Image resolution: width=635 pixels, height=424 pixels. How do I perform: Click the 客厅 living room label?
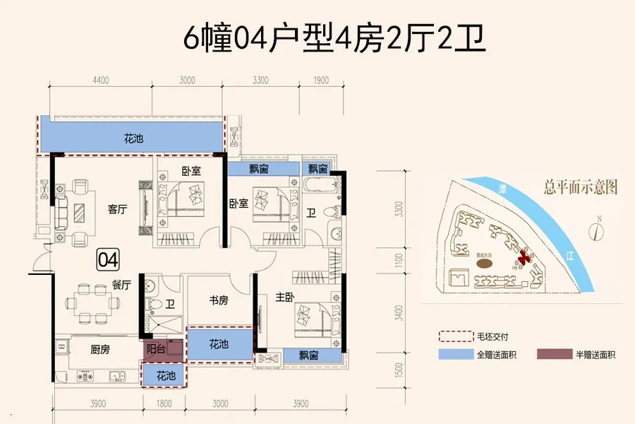pyautogui.click(x=117, y=209)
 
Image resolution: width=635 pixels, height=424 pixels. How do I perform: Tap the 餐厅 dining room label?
pyautogui.click(x=121, y=285)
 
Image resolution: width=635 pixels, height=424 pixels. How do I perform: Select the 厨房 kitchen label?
pyautogui.click(x=99, y=348)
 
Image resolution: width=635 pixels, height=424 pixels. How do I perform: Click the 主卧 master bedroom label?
pyautogui.click(x=284, y=298)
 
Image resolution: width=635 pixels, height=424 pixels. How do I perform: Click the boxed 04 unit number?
pyautogui.click(x=108, y=259)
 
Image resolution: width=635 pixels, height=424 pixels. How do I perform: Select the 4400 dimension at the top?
pyautogui.click(x=100, y=81)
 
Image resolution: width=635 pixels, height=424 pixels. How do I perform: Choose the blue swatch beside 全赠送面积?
pyautogui.click(x=451, y=355)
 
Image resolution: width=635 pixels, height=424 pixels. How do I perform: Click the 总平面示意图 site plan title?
pyautogui.click(x=581, y=187)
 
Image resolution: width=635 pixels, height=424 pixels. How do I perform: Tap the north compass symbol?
pyautogui.click(x=596, y=230)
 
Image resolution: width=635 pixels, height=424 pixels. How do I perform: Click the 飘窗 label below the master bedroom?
pyautogui.click(x=301, y=356)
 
